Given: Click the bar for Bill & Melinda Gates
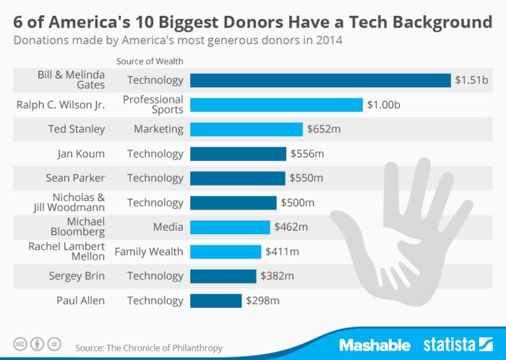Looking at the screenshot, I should click(x=320, y=80).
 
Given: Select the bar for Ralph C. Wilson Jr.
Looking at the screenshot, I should click(x=276, y=105).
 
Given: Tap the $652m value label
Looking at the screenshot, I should click(x=322, y=129).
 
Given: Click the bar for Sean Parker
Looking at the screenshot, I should click(x=238, y=178).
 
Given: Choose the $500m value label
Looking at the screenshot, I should click(x=296, y=202).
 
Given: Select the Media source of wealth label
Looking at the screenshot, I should click(x=168, y=227).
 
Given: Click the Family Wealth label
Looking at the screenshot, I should click(x=149, y=252).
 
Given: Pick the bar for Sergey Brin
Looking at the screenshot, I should click(x=223, y=276).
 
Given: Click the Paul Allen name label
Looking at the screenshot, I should click(x=80, y=300).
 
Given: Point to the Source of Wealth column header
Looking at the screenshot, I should click(x=150, y=61).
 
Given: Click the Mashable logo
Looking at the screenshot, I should click(x=374, y=344).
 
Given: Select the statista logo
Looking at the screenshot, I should click(x=456, y=344).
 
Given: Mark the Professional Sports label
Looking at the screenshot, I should click(x=153, y=105).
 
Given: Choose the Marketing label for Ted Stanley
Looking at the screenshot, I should click(x=158, y=129).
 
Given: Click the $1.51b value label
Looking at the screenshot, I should click(x=470, y=80).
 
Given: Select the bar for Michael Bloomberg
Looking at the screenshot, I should click(x=230, y=227).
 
